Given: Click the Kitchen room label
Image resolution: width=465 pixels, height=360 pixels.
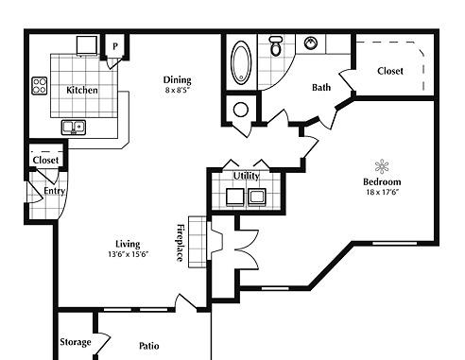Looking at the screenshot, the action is (82, 90).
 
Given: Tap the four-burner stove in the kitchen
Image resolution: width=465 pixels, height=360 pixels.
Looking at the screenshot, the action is (40, 86).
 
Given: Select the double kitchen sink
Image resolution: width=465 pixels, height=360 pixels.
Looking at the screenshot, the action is (74, 128).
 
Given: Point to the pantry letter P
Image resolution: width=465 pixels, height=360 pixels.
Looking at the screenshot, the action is (115, 46).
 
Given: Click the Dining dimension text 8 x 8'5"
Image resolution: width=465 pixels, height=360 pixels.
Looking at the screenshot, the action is (178, 91).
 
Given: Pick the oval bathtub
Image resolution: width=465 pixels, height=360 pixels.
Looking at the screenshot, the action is (241, 62).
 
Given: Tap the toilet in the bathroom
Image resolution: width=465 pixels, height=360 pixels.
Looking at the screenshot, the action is (276, 46).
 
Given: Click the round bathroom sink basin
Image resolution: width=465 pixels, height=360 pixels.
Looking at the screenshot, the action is (311, 43).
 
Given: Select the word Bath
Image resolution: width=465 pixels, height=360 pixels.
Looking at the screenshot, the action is (321, 87).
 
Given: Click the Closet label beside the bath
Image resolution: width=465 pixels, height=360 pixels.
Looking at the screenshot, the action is (390, 71).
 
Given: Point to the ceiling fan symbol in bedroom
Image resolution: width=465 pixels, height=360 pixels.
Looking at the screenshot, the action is (382, 166).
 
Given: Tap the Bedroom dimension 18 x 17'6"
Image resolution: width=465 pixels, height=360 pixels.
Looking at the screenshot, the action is (383, 192).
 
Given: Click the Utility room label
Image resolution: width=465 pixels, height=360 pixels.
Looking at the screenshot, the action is (247, 176).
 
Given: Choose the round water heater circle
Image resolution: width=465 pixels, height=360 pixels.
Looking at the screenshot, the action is (241, 110).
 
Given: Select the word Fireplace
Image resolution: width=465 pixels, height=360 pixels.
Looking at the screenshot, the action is (180, 243).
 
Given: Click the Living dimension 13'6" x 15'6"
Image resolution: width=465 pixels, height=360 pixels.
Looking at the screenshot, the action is (128, 254).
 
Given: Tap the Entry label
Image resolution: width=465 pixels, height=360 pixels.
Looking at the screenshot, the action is (55, 191).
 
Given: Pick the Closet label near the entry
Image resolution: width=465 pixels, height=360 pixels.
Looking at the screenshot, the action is (45, 160).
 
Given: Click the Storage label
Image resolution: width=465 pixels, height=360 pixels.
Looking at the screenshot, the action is (76, 342).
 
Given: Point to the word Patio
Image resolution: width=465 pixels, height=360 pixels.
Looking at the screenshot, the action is (149, 346).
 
